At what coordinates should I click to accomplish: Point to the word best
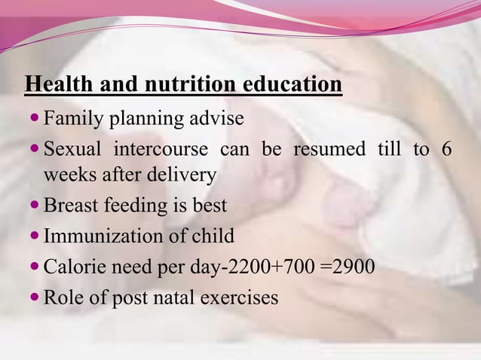click(210, 206)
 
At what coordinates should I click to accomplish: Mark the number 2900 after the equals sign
click(353, 267)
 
